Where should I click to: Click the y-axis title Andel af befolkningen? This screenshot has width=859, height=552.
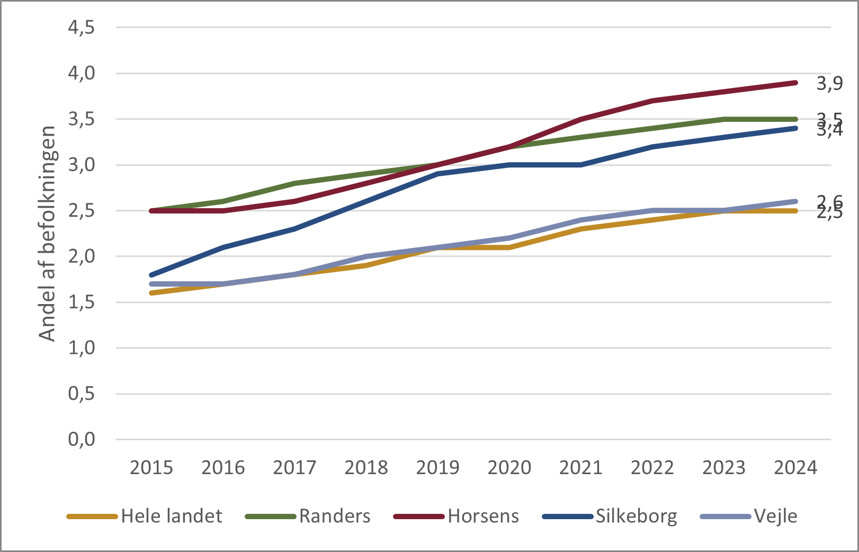(x=48, y=234)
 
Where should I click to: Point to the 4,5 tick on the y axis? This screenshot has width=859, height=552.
(x=81, y=27)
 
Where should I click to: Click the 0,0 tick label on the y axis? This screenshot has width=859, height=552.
(x=81, y=439)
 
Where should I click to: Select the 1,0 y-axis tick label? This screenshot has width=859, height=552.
(x=81, y=348)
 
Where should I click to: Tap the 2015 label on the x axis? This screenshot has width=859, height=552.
(x=151, y=468)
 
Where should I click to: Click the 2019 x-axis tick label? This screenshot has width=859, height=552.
(x=437, y=468)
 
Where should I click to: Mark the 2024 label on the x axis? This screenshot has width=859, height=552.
(x=795, y=468)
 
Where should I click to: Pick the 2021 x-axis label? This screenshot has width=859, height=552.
(x=581, y=468)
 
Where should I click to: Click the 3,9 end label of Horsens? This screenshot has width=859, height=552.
(x=829, y=83)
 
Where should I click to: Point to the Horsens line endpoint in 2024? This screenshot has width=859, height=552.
(x=795, y=83)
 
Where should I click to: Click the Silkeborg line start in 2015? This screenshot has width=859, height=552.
(x=151, y=275)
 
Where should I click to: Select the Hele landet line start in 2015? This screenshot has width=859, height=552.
(x=151, y=293)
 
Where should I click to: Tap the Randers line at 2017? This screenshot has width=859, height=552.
(x=294, y=183)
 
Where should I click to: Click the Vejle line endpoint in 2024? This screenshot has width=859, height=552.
(x=795, y=201)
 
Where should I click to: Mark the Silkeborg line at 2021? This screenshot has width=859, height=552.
(x=581, y=165)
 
